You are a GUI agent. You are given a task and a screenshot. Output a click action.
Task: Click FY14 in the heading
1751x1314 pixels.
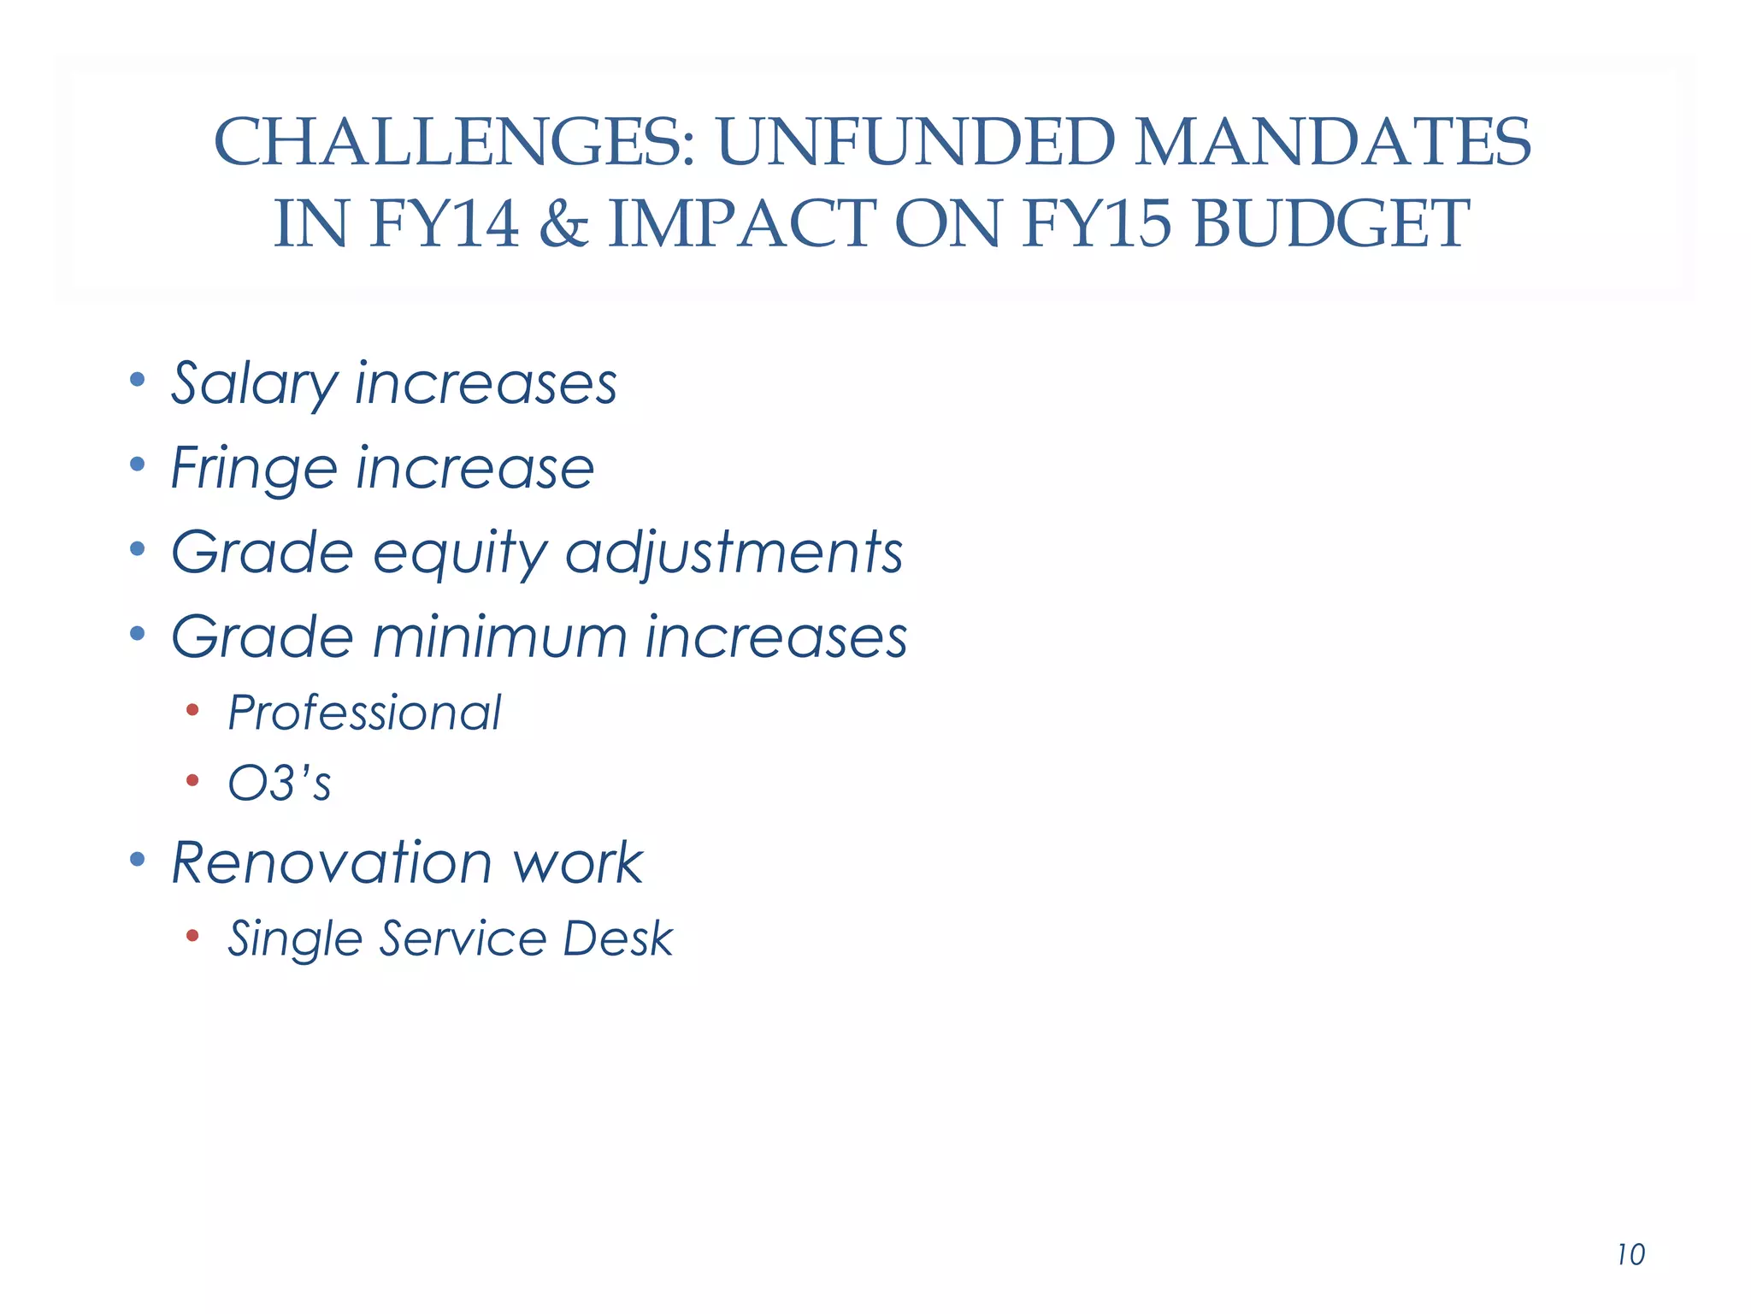click(x=445, y=223)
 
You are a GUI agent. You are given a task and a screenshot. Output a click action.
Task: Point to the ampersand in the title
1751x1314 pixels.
click(x=563, y=223)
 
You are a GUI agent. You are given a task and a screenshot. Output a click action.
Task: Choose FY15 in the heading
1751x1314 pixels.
click(x=1096, y=223)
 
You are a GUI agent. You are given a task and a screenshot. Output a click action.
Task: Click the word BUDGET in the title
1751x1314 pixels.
click(x=1331, y=223)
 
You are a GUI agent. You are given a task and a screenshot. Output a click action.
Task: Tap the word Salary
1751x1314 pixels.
click(x=255, y=384)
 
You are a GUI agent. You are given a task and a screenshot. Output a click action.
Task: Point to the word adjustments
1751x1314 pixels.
click(x=734, y=552)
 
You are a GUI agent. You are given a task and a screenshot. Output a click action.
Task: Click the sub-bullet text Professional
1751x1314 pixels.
click(x=364, y=713)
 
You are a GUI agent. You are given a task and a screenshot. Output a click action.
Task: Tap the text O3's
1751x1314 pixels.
click(x=279, y=783)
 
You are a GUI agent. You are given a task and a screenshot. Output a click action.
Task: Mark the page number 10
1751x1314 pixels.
click(x=1631, y=1255)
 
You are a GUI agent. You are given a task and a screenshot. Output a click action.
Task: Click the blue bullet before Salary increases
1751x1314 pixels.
click(x=137, y=378)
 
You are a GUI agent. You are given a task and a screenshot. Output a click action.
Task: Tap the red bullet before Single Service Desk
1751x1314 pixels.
click(x=192, y=935)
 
